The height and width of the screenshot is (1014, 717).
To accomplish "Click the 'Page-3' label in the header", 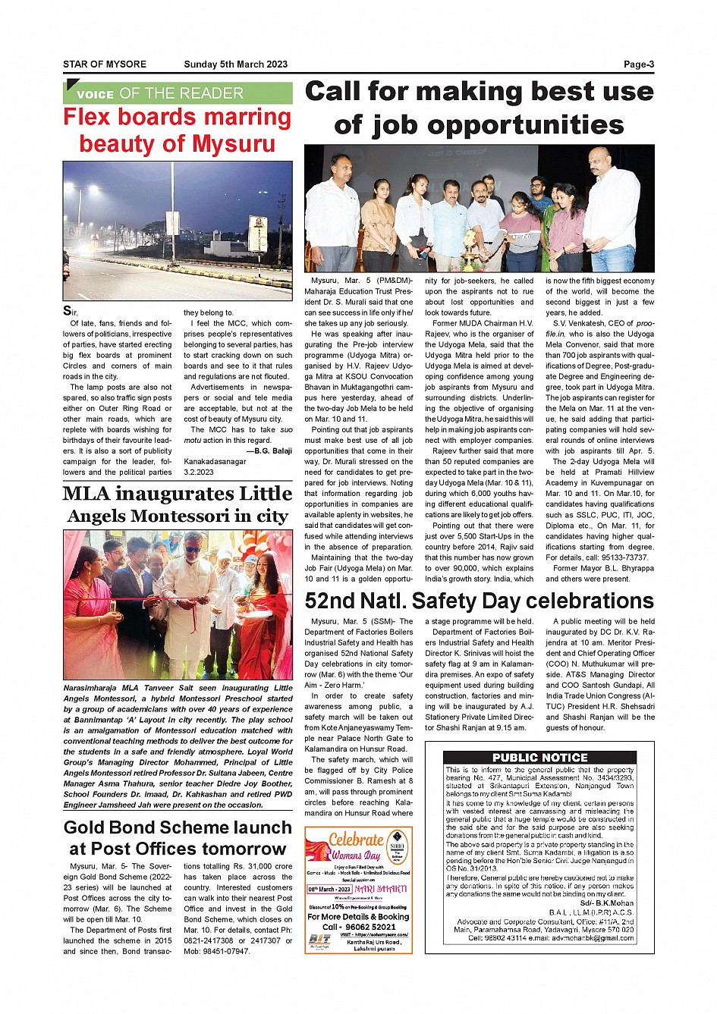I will [x=638, y=64].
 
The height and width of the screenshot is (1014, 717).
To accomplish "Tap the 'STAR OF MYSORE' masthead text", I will [x=105, y=64].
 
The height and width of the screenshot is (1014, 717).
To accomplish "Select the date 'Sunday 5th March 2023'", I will [x=235, y=64].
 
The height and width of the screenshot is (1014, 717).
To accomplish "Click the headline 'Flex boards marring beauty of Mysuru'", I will [x=178, y=130].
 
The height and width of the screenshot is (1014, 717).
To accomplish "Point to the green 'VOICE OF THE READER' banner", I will [x=178, y=93].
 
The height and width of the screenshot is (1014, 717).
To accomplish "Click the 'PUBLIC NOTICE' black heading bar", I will [x=539, y=757].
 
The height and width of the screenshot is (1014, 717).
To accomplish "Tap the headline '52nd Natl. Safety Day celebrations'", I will [x=479, y=601].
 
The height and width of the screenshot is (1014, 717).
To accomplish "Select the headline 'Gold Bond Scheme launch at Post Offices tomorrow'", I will [x=178, y=838].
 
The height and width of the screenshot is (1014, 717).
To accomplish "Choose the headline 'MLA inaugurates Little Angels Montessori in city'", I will [x=178, y=504].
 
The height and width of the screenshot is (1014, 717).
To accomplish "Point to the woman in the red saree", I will [x=264, y=607].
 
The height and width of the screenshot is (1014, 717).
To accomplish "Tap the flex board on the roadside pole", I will [x=258, y=233].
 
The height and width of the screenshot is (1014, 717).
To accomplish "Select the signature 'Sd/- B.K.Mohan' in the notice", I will [x=606, y=903].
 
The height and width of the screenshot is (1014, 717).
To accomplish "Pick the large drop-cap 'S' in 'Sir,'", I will [x=68, y=311].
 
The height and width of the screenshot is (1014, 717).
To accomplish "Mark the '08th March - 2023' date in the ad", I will [x=329, y=889].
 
